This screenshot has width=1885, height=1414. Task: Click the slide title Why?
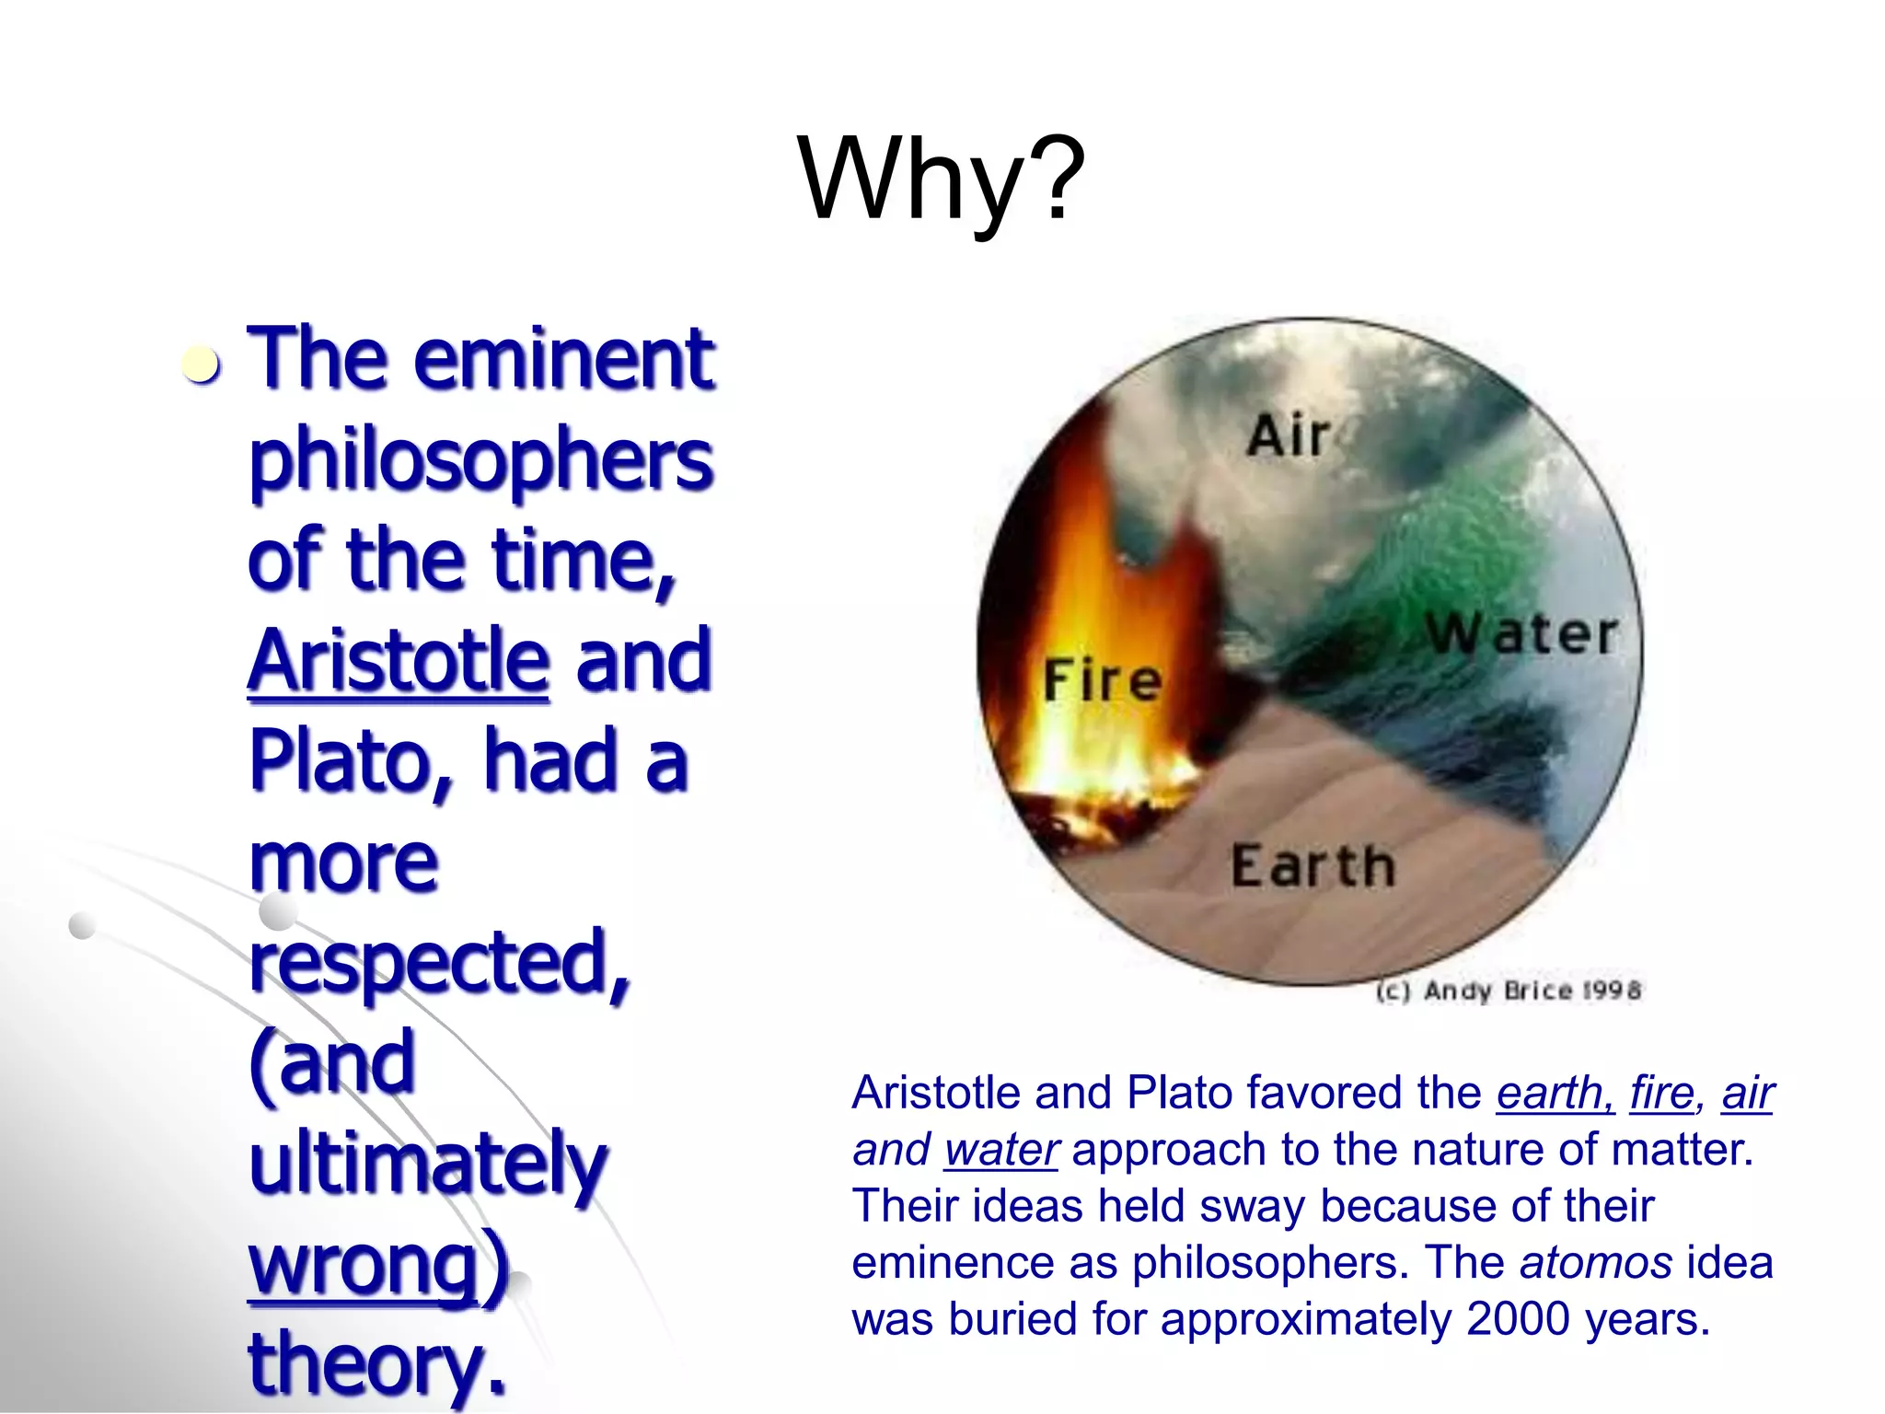click(941, 180)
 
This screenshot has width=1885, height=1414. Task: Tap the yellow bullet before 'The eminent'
click(201, 365)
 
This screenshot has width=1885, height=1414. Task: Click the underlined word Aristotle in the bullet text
click(399, 660)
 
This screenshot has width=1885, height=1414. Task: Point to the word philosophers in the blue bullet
click(480, 460)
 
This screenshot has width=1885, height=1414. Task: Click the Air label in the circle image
click(1289, 435)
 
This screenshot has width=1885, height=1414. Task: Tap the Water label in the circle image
click(1521, 634)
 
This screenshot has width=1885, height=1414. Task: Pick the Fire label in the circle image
click(1103, 681)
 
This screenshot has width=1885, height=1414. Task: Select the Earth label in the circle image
click(1313, 866)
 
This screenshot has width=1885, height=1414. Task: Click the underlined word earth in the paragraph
click(1553, 1094)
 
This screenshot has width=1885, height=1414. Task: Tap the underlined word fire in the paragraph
click(1661, 1094)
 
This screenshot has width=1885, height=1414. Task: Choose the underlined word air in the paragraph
click(1747, 1094)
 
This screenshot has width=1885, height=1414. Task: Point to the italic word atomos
click(1595, 1263)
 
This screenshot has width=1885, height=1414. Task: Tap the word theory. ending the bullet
click(377, 1364)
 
